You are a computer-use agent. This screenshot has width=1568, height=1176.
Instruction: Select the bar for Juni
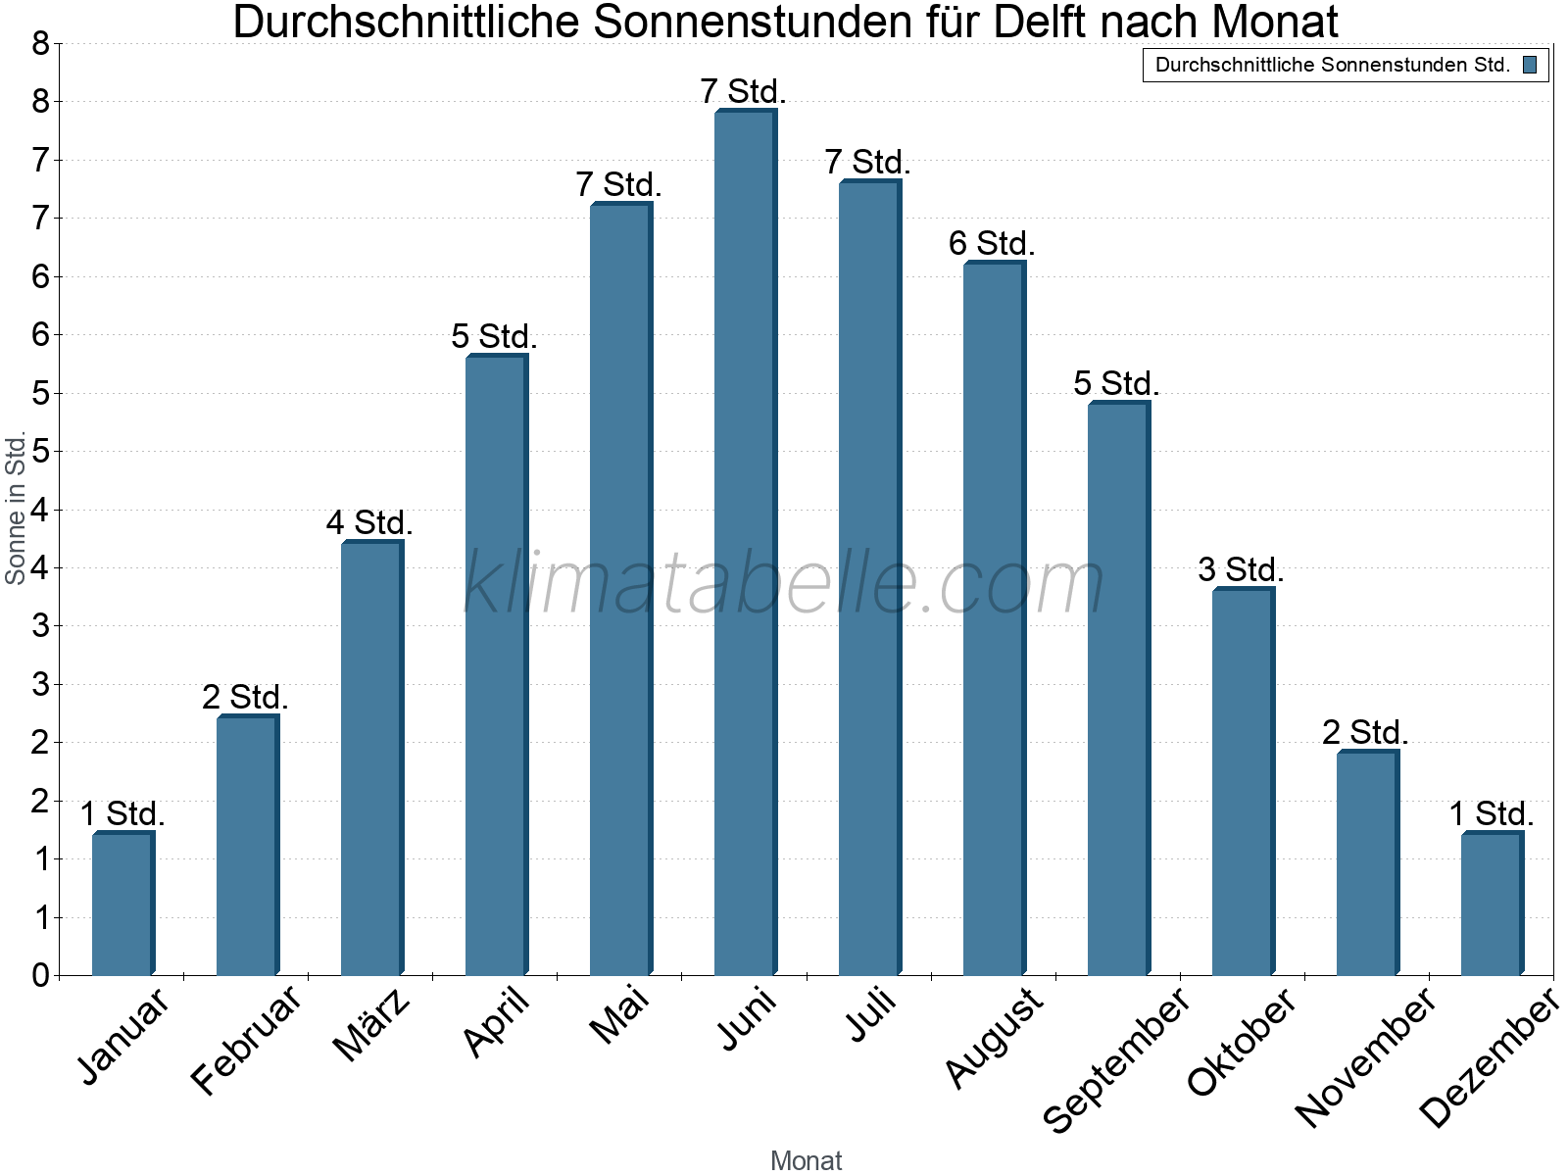coord(746,542)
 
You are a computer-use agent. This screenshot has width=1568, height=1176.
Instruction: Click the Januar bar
coord(123,904)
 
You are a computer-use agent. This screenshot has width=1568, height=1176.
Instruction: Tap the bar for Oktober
coord(1244,781)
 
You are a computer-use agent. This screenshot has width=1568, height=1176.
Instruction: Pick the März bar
coord(373,758)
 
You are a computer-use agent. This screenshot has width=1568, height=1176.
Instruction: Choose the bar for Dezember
coord(1493,904)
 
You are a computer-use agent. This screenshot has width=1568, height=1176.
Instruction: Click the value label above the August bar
coord(992,243)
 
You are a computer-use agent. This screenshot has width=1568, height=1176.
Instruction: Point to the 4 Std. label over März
coord(369,522)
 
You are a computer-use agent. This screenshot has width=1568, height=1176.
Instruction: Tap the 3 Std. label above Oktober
coord(1241,569)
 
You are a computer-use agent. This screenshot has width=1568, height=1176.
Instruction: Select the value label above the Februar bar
coord(245,697)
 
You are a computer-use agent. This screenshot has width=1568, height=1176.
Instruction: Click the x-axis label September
coord(1117,1059)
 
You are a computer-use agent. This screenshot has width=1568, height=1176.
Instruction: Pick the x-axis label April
coord(498,1021)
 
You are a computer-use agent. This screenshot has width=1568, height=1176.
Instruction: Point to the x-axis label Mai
coord(619,1015)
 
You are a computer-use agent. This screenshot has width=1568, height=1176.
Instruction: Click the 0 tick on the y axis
coord(41,975)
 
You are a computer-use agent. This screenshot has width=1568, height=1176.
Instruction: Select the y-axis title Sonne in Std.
coord(15,508)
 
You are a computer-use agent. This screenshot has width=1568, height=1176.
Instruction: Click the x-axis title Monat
coord(806,1160)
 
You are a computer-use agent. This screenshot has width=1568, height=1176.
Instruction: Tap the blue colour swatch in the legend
coord(1530,65)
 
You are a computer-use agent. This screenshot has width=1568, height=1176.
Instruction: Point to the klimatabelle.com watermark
coord(784,582)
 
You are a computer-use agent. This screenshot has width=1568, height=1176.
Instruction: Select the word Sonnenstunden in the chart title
coord(754,22)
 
